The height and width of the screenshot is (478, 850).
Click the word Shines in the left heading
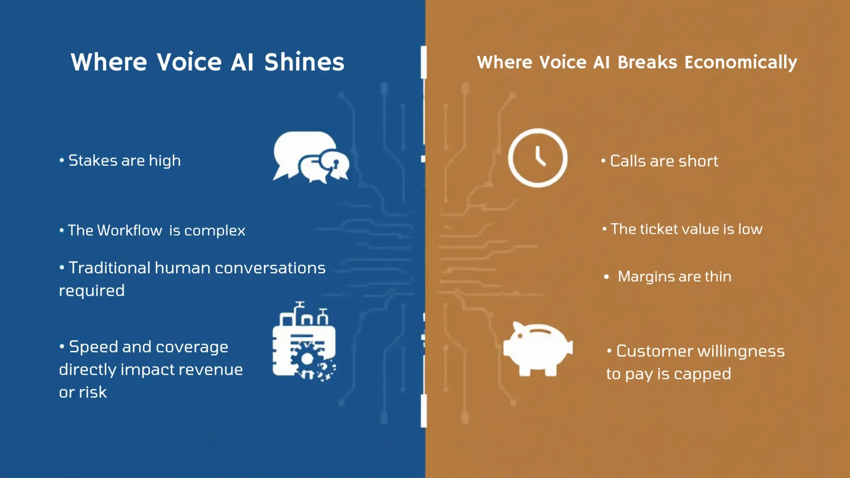click(x=304, y=62)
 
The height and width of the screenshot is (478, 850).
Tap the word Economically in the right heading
click(x=740, y=62)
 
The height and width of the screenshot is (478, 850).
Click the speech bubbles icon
click(x=311, y=157)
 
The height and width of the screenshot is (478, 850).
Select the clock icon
click(x=538, y=158)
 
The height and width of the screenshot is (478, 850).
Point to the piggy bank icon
click(x=538, y=349)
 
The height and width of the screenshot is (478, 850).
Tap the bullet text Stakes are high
click(x=124, y=161)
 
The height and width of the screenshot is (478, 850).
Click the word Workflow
click(x=129, y=230)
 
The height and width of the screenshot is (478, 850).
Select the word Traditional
click(x=110, y=268)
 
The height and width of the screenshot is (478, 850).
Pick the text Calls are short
click(x=664, y=161)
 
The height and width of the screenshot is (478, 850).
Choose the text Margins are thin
click(x=674, y=277)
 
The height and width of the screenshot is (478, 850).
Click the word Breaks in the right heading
click(x=647, y=62)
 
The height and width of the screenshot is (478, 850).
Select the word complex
click(x=215, y=231)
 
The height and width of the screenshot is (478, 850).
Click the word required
click(x=92, y=291)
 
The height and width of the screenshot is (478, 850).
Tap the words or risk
click(x=83, y=392)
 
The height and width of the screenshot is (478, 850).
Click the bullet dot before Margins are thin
click(x=606, y=277)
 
